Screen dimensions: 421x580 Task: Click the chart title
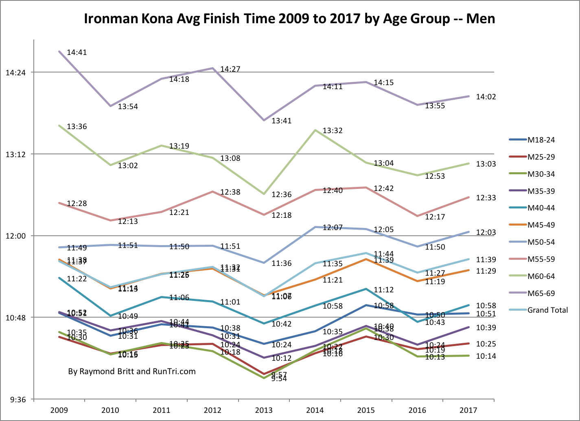coord(289,19)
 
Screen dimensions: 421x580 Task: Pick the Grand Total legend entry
coord(547,310)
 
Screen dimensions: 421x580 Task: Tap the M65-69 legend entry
coord(541,293)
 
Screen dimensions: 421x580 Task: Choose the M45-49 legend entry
coord(541,225)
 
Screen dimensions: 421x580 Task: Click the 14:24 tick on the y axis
coord(16,73)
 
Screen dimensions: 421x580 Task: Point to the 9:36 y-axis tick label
coord(18,400)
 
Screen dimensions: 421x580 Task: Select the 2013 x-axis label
coord(264,410)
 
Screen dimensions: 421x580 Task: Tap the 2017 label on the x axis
coord(468,410)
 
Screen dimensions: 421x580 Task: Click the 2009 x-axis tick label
coord(59,410)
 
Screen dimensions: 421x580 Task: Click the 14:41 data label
coord(77,53)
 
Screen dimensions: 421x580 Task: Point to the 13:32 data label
coord(333,131)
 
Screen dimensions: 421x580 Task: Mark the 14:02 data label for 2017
coord(486,97)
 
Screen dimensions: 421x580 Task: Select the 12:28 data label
coord(77,204)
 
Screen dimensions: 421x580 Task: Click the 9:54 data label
coord(279,379)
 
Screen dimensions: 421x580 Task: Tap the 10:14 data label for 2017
coord(486,356)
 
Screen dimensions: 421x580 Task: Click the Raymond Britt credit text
coord(132,371)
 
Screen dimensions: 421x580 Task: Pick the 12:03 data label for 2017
coord(486,232)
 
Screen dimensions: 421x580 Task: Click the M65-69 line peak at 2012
coord(212,68)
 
